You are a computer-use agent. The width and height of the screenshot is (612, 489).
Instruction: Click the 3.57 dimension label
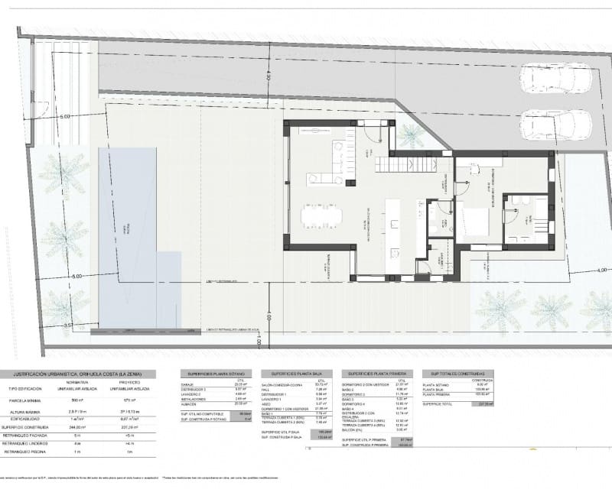pyautogui.click(x=68, y=325)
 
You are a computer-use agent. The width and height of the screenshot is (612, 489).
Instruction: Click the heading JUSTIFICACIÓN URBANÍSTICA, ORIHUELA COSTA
pyautogui.click(x=85, y=374)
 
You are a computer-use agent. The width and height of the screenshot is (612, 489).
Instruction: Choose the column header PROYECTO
pyautogui.click(x=132, y=382)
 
